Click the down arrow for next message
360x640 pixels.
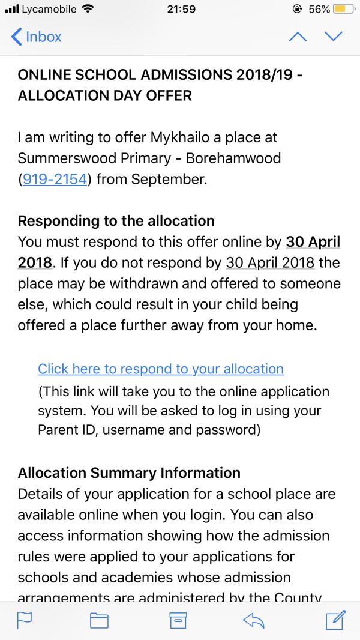coord(332,37)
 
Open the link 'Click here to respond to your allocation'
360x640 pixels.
coord(160,369)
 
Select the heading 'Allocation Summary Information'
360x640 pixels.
coord(129,474)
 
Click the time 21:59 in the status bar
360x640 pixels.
coord(180,9)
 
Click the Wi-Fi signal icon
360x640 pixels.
coord(89,9)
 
